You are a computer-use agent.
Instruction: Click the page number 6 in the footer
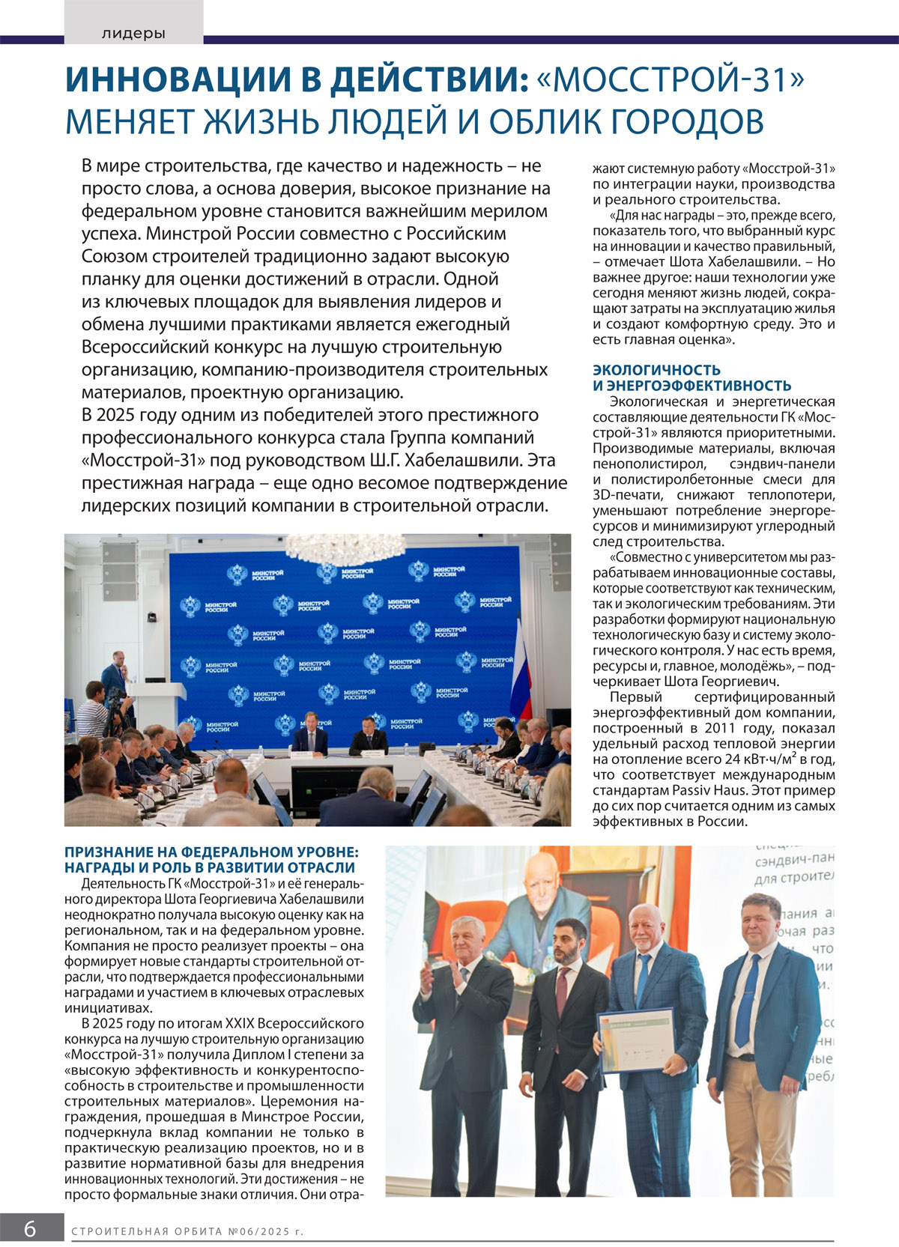pyautogui.click(x=30, y=1229)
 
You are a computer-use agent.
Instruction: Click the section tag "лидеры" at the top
pyautogui.click(x=133, y=34)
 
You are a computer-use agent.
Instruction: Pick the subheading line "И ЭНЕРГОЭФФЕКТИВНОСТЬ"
pyautogui.click(x=691, y=386)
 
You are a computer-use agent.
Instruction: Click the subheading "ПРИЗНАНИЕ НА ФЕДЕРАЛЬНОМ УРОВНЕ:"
pyautogui.click(x=211, y=852)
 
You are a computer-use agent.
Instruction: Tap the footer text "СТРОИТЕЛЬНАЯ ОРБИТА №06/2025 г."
pyautogui.click(x=187, y=1231)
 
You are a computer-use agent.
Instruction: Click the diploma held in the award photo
pyautogui.click(x=635, y=1042)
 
